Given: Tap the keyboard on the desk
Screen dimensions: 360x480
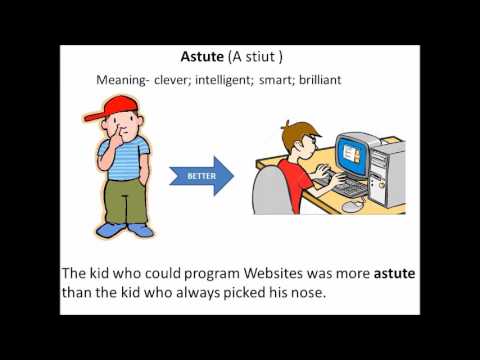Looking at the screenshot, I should click(351, 187).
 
